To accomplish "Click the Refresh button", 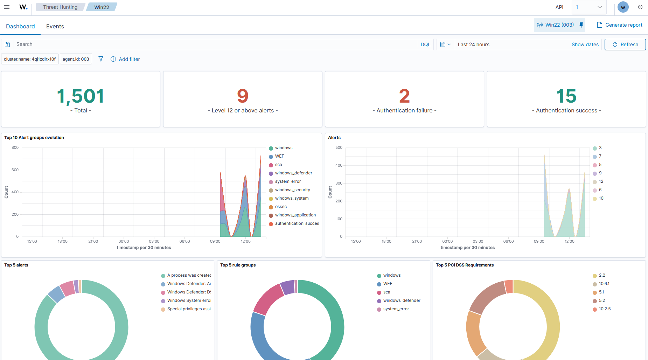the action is point(625,44).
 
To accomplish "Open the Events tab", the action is point(55,26).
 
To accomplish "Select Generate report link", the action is point(620,25).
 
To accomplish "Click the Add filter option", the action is point(125,59).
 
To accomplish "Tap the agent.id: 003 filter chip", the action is point(76,59).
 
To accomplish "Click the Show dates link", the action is point(585,44).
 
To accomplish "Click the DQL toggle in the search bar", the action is point(425,44).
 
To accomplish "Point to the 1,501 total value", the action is point(81,96).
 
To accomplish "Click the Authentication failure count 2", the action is point(404,96).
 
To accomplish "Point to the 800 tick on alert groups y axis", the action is point(15,147).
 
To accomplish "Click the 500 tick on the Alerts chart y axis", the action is point(339,147).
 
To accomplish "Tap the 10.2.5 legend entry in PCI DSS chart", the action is point(601,309).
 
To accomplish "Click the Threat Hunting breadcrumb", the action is point(60,7).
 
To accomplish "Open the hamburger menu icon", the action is point(7,7).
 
